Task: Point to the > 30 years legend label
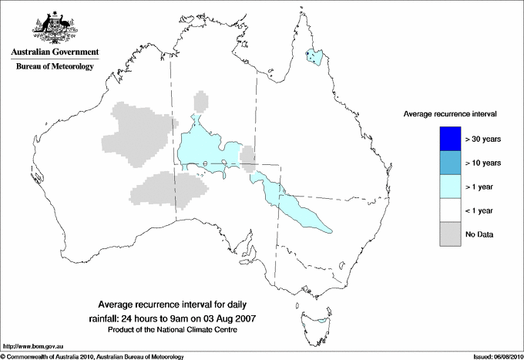(483, 140)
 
